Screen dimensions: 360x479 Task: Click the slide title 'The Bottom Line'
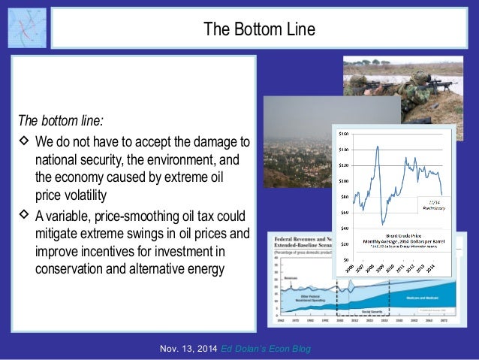[x=259, y=29]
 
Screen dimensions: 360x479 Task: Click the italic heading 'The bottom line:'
[x=62, y=120]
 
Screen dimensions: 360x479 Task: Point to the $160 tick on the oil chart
[x=344, y=133]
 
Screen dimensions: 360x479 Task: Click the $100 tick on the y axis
[x=344, y=180]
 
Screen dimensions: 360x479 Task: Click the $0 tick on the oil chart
[x=346, y=259]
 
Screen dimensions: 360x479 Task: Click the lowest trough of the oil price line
[x=383, y=223]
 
